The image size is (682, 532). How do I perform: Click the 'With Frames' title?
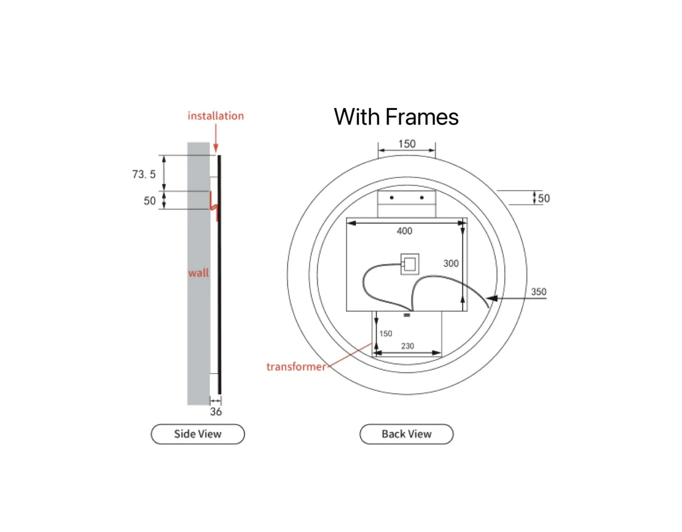point(396,117)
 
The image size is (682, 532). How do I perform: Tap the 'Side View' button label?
point(198,434)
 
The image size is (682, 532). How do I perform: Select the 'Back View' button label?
point(406,434)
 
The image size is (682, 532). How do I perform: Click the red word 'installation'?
point(216,116)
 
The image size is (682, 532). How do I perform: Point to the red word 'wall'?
point(198,273)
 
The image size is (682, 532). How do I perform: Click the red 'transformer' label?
point(296,366)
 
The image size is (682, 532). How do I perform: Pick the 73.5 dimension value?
point(144,174)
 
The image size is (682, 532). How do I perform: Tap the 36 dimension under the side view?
point(216,411)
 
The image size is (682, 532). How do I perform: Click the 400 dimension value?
point(404,231)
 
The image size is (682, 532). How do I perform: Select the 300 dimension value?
point(451,263)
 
